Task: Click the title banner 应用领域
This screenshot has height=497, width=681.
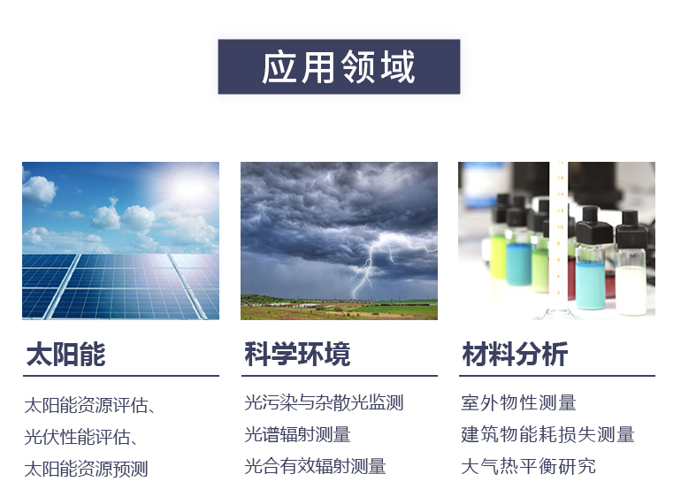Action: (339, 67)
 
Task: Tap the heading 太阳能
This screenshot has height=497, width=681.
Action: (66, 355)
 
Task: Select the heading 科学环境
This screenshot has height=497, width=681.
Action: (297, 355)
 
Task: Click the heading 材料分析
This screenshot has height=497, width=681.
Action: (515, 355)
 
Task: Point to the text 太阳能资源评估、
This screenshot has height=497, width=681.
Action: (91, 406)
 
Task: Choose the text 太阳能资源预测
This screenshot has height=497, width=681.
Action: (86, 468)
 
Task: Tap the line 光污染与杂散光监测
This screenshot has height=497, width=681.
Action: (324, 403)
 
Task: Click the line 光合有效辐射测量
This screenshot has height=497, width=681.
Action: (315, 466)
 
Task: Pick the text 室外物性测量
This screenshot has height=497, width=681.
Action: (518, 403)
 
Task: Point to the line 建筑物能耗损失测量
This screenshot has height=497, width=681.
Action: (547, 434)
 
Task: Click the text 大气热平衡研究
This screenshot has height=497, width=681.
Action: (528, 466)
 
